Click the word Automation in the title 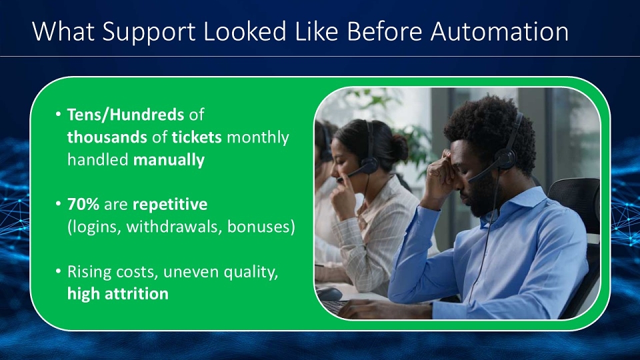[499, 31]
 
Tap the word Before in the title [384, 31]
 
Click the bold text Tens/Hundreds [125, 115]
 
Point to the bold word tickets [196, 137]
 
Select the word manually [169, 160]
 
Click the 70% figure [83, 204]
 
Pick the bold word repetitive [170, 205]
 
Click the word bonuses [259, 227]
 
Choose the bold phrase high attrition [117, 293]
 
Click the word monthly [257, 138]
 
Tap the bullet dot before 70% [59, 203]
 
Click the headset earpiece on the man [505, 159]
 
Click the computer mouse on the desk [329, 293]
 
